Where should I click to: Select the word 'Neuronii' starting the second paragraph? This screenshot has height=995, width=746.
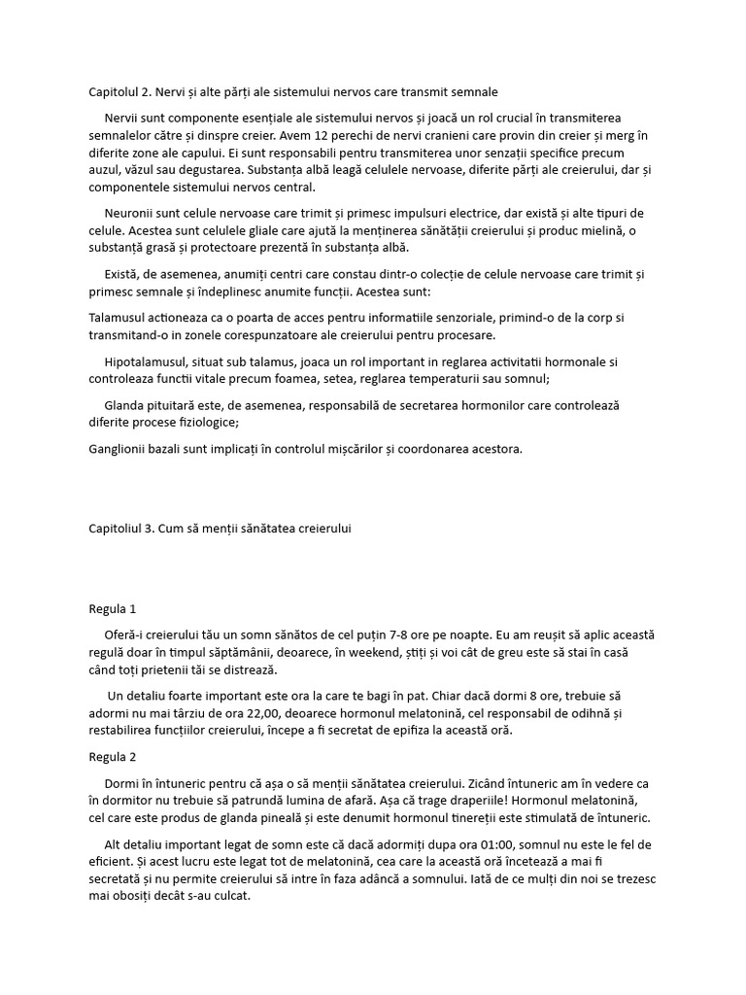click(129, 214)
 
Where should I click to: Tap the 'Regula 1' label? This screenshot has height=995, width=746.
click(113, 609)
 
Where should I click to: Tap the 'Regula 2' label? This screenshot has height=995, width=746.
click(113, 756)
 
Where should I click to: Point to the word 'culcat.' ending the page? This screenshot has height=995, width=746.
click(230, 896)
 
